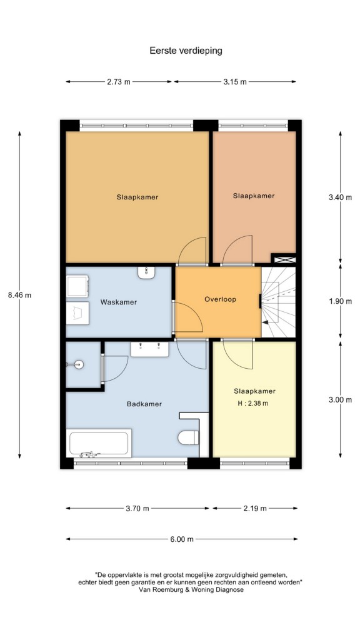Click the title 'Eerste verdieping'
tap(186, 51)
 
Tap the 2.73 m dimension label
tap(119, 82)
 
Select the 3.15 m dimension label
tap(235, 82)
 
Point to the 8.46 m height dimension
tap(19, 295)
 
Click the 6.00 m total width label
tap(182, 539)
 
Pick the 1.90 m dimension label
tap(340, 302)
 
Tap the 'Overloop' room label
tap(221, 299)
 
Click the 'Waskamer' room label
tap(119, 302)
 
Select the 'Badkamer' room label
tap(144, 404)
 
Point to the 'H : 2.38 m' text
tap(253, 404)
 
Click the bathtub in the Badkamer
tap(99, 443)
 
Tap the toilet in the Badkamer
tap(188, 437)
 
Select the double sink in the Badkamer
tap(149, 349)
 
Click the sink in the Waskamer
tap(146, 272)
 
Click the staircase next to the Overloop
tap(278, 302)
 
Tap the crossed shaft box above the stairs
tap(284, 259)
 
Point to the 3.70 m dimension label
tap(137, 508)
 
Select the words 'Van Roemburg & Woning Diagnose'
tap(191, 590)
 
